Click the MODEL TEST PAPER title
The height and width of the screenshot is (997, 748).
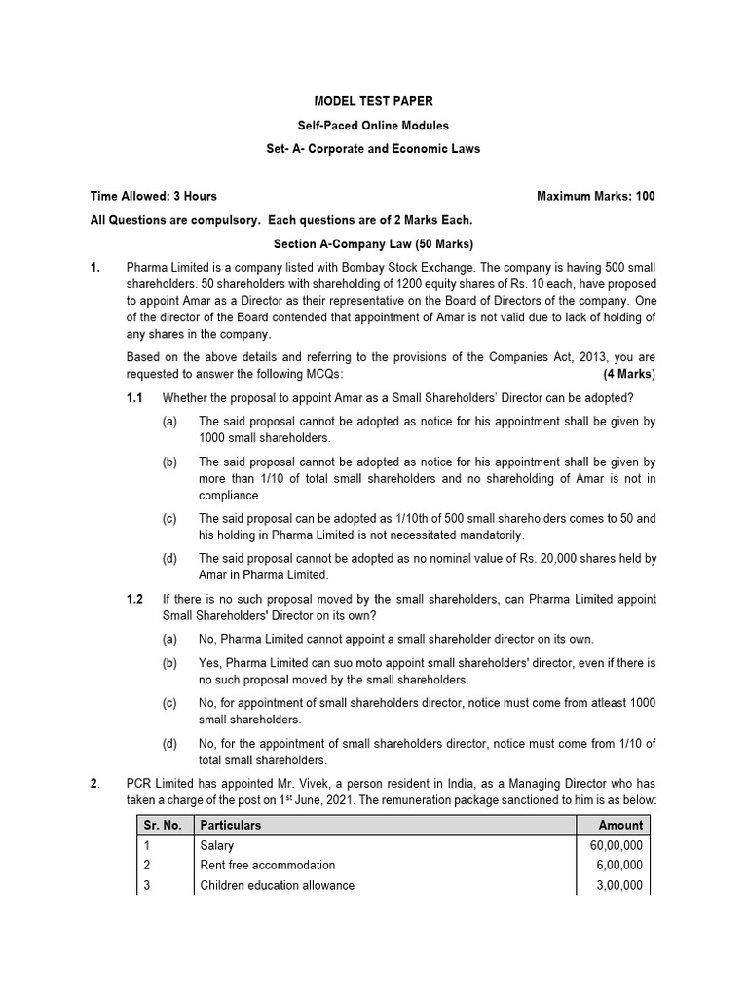click(x=373, y=102)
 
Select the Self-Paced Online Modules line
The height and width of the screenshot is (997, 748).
click(x=373, y=126)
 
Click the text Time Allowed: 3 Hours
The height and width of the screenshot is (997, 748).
click(x=154, y=196)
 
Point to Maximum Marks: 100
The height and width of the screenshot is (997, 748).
click(x=595, y=196)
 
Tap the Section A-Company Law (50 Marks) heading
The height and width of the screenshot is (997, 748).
click(x=373, y=243)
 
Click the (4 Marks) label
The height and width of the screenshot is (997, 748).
click(x=629, y=374)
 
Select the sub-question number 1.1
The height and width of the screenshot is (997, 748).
click(x=134, y=397)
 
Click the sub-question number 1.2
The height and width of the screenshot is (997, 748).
click(x=134, y=599)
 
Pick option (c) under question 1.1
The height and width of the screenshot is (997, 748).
click(x=170, y=518)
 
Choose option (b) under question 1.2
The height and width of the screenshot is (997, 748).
click(x=170, y=663)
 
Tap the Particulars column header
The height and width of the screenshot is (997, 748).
click(x=231, y=825)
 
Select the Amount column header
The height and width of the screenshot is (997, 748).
click(x=620, y=825)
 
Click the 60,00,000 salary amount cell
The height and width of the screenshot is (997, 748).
click(x=616, y=846)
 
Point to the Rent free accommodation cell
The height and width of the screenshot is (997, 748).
click(x=267, y=866)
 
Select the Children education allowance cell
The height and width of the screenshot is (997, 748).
click(x=277, y=886)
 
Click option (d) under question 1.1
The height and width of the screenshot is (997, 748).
click(x=170, y=558)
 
